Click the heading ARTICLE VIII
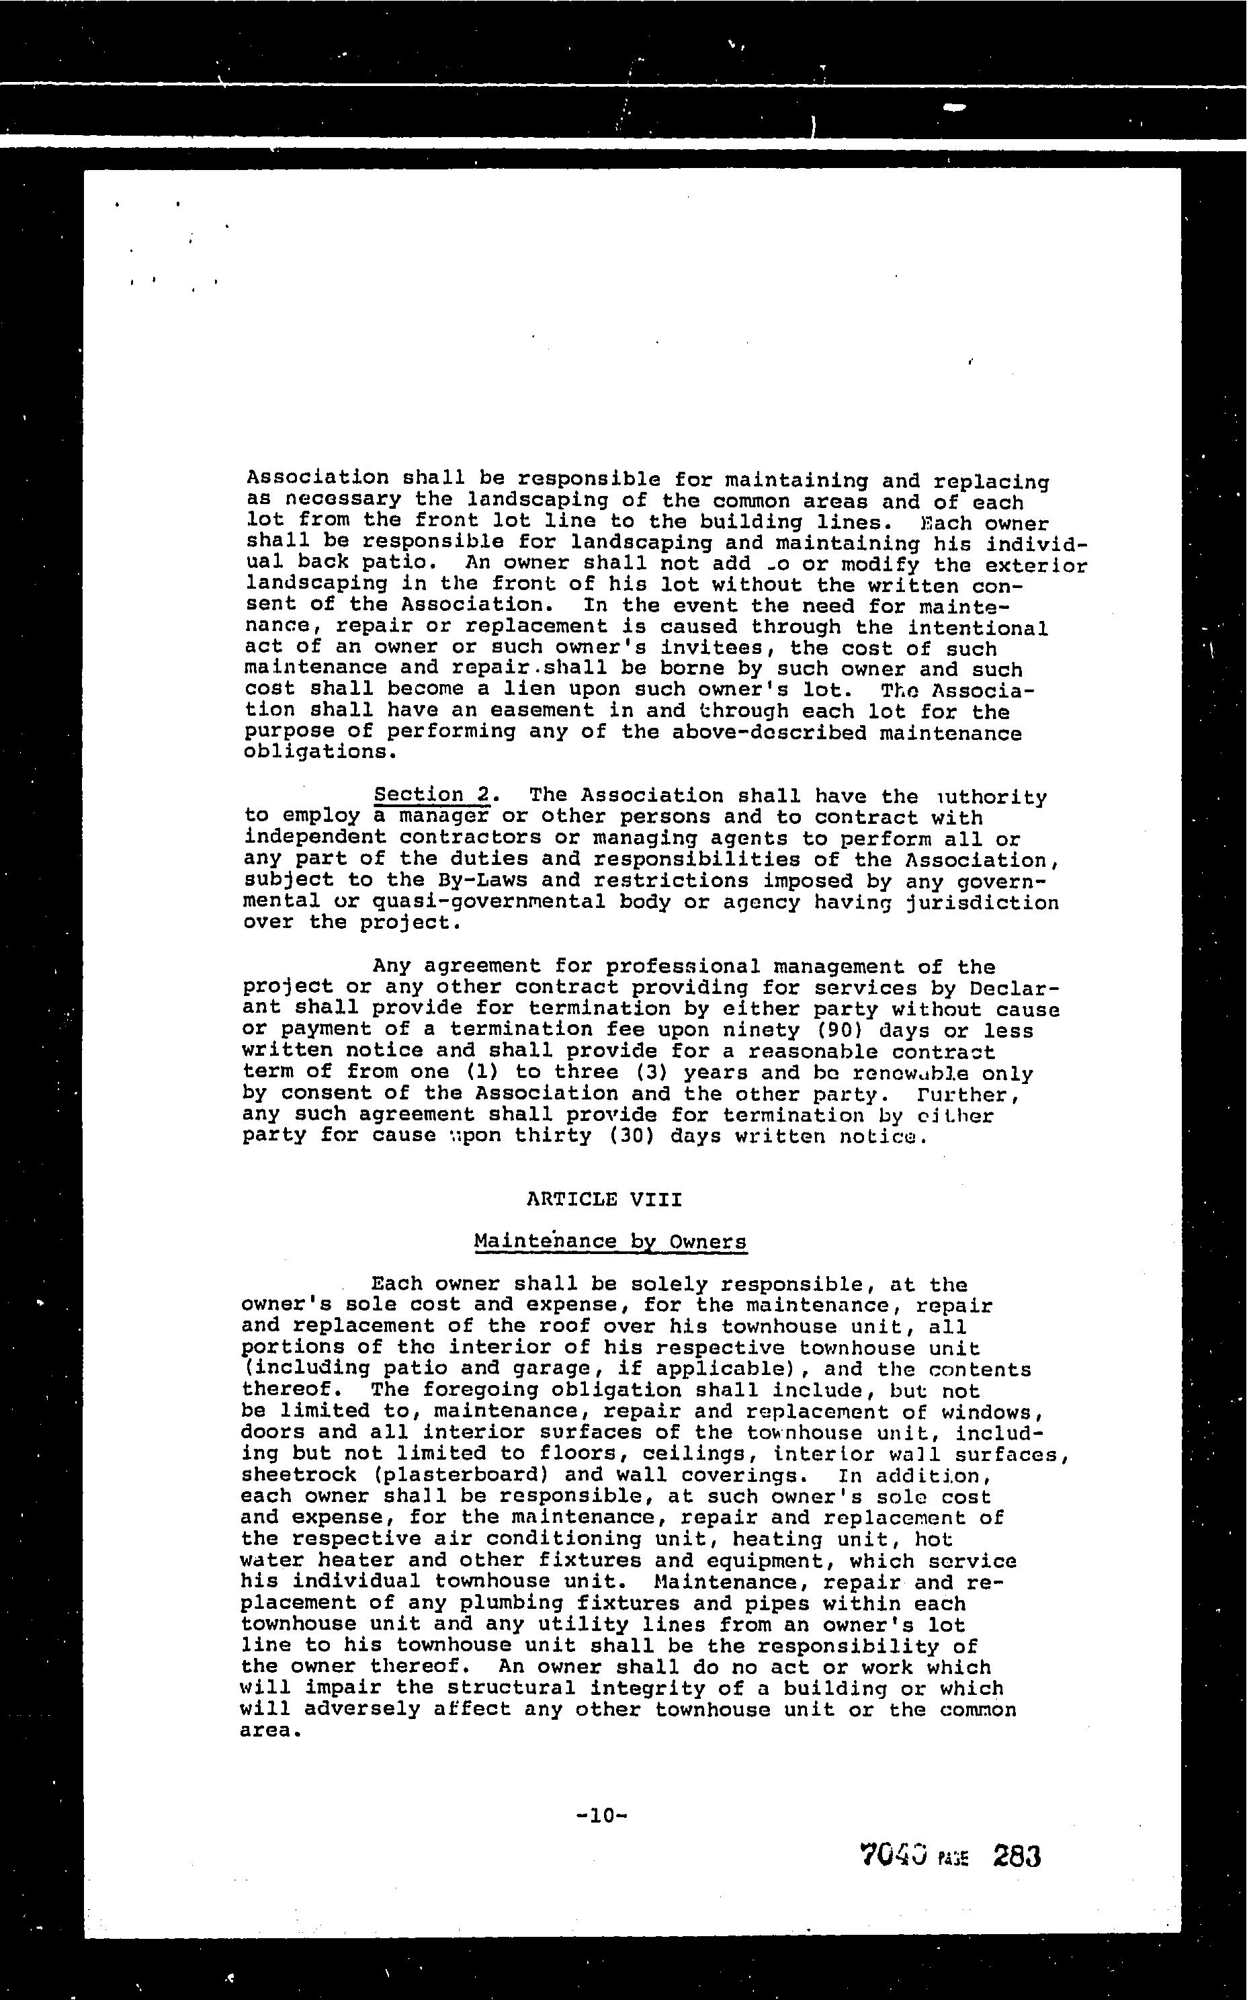coord(604,1198)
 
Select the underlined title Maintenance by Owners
coord(610,1241)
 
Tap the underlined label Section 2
coord(432,795)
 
